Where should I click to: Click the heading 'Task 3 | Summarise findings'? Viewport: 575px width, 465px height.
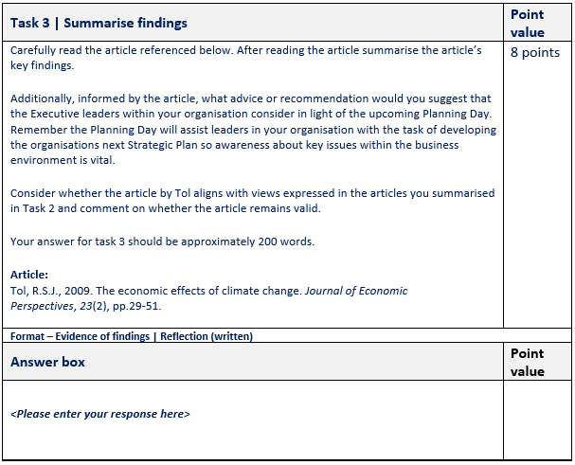tap(99, 23)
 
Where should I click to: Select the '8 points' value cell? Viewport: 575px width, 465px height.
tap(535, 53)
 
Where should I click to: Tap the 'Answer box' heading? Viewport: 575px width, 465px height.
tap(47, 362)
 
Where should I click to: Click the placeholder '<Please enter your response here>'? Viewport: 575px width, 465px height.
tap(100, 414)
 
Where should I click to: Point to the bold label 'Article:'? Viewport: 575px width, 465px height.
tap(29, 275)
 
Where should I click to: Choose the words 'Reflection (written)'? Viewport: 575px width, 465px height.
tap(207, 336)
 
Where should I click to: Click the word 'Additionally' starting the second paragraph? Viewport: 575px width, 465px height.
tap(40, 98)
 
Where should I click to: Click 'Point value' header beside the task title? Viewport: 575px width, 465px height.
tap(528, 23)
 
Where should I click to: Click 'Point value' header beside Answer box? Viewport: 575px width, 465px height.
tap(528, 362)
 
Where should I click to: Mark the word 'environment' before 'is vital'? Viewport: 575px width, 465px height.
tap(44, 161)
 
